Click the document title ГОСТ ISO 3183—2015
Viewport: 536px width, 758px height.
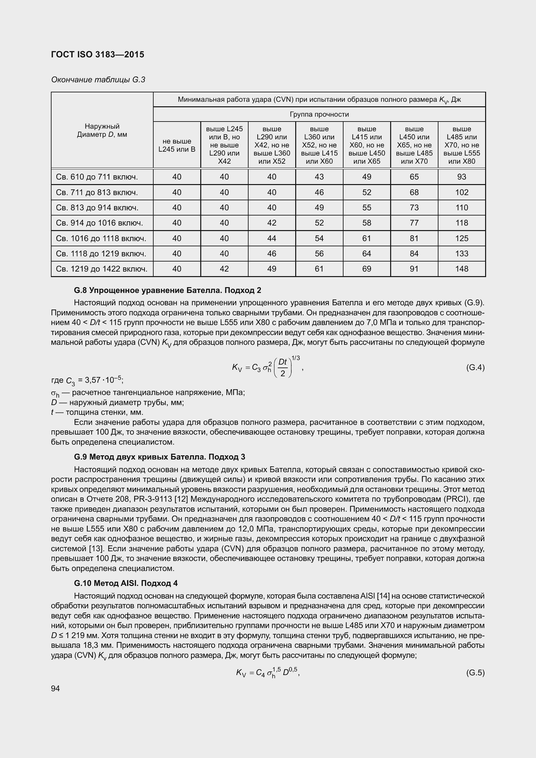(x=98, y=54)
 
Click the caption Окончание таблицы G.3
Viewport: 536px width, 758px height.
(x=98, y=80)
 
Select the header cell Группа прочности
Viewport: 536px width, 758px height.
(x=319, y=114)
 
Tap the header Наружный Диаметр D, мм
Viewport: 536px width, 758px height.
(x=102, y=130)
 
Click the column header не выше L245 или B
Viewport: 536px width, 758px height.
(x=177, y=145)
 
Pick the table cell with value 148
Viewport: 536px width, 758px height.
(x=461, y=269)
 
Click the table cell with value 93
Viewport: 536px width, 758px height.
(x=461, y=177)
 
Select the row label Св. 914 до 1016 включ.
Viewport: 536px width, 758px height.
(x=99, y=223)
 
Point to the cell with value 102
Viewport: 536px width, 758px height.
(x=461, y=192)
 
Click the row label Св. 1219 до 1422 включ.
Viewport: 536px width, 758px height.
(x=101, y=269)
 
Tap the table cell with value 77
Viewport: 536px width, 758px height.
(x=414, y=223)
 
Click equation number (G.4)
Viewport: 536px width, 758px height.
(x=475, y=367)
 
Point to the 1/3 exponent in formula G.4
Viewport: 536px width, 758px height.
(x=296, y=358)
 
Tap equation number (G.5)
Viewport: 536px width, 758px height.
(x=475, y=673)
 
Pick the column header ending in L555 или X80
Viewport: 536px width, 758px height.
(x=461, y=145)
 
